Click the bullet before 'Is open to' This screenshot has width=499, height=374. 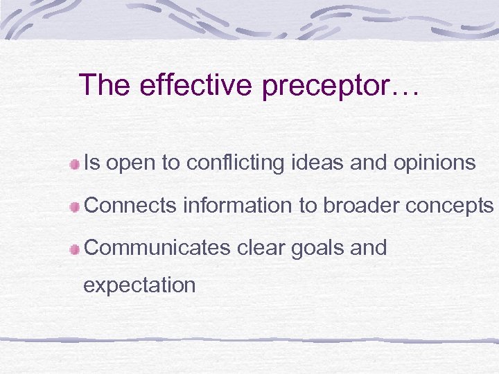tap(74, 164)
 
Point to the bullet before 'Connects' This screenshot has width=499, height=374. tap(74, 206)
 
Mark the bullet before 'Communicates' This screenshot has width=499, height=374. tap(74, 249)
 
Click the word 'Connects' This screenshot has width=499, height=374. tap(130, 206)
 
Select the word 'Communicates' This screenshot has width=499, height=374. tap(157, 248)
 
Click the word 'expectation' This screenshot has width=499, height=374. tap(139, 285)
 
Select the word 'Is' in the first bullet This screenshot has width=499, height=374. tap(91, 163)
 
